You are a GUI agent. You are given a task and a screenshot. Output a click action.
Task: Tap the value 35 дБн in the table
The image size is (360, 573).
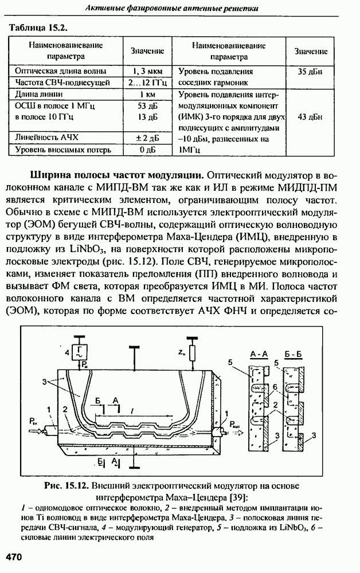310,72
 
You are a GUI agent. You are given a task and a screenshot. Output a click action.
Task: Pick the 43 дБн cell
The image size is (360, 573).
310,117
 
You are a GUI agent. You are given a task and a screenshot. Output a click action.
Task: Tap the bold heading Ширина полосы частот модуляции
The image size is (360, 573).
113,174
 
